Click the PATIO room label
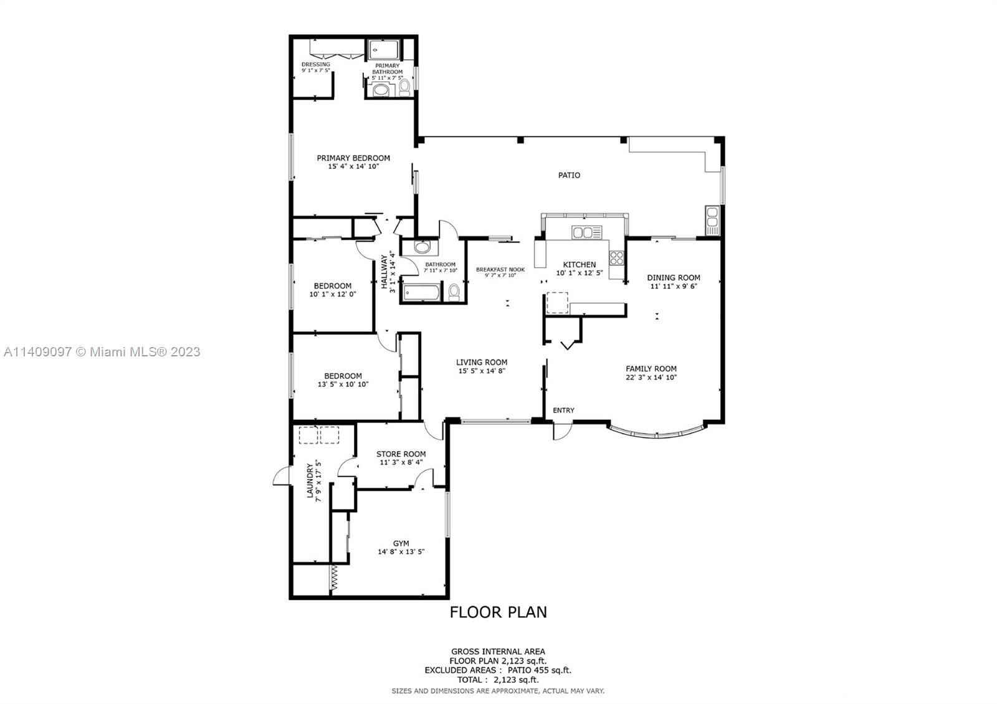[569, 175]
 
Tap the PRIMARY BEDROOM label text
[353, 158]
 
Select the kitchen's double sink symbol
[586, 232]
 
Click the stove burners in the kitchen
[616, 258]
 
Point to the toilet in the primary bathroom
[404, 88]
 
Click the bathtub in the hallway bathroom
[421, 293]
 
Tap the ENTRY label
[563, 411]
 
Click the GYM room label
[401, 543]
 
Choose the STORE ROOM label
[401, 454]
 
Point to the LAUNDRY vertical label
[310, 480]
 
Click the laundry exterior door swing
[282, 475]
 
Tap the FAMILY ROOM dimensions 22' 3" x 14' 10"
[651, 378]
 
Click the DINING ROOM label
[674, 278]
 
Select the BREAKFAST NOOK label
[500, 270]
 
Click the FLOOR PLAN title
[498, 612]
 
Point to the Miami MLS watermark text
[102, 352]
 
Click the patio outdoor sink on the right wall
[712, 221]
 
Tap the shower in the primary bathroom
[384, 49]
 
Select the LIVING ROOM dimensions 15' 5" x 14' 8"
[482, 371]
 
